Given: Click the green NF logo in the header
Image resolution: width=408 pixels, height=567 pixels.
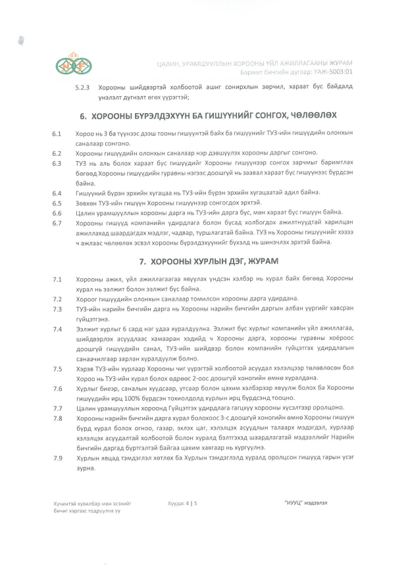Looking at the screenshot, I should pyautogui.click(x=74, y=64).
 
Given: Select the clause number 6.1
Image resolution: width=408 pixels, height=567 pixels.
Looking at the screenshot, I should pyautogui.click(x=57, y=134).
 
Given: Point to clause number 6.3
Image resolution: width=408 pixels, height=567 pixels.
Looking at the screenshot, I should pyautogui.click(x=57, y=162).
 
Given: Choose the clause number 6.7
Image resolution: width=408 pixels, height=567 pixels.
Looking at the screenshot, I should pyautogui.click(x=57, y=222).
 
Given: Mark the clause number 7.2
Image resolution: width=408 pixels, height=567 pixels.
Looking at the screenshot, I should pyautogui.click(x=57, y=299).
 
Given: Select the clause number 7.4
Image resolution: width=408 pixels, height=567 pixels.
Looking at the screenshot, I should pyautogui.click(x=57, y=328).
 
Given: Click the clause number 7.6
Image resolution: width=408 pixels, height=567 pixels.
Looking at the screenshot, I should pyautogui.click(x=57, y=388).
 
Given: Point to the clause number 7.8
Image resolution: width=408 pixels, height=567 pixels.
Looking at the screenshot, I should pyautogui.click(x=57, y=418).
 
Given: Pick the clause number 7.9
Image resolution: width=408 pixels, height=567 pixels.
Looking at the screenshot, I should pyautogui.click(x=57, y=458).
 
